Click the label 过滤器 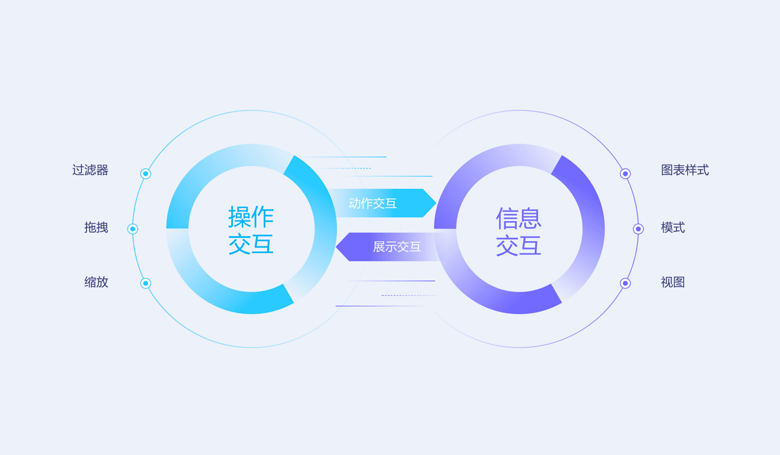tap(90, 170)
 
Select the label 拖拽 tap(96, 227)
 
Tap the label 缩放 tap(96, 282)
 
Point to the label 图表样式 tap(685, 170)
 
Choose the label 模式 tap(673, 227)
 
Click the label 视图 tap(673, 282)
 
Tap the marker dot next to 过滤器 tap(146, 174)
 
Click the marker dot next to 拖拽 tap(133, 229)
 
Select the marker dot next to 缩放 tap(146, 283)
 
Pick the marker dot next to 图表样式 tap(625, 174)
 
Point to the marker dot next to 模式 tap(638, 229)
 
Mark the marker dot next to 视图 tap(625, 283)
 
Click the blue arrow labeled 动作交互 tap(383, 203)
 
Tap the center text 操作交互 tap(251, 230)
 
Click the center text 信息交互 tap(519, 231)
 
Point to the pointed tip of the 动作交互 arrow tap(436, 203)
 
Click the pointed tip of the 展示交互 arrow tap(335, 247)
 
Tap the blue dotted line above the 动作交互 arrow tap(344, 168)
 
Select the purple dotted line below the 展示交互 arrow tap(409, 295)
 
